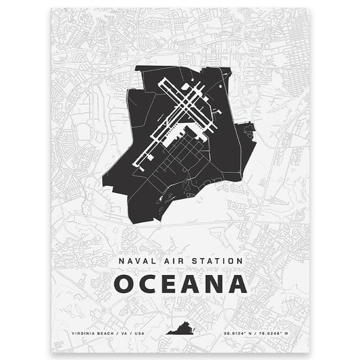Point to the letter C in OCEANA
[151, 284]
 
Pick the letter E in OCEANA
[172, 284]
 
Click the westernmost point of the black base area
[103, 180]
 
